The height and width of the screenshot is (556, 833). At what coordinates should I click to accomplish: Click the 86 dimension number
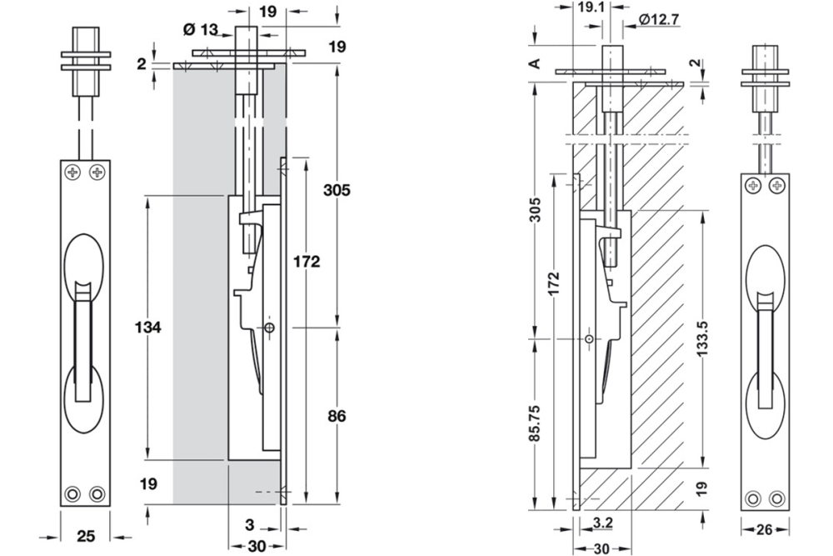pyautogui.click(x=337, y=415)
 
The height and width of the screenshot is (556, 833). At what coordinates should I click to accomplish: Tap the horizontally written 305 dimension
pyautogui.click(x=337, y=190)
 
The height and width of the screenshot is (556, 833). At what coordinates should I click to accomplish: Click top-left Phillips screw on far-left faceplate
pyautogui.click(x=74, y=173)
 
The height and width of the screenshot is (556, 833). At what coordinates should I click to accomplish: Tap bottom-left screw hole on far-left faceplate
pyautogui.click(x=74, y=493)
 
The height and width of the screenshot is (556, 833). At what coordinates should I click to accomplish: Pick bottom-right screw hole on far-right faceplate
pyautogui.click(x=776, y=498)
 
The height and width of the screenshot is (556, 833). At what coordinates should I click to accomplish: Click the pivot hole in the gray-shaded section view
pyautogui.click(x=268, y=328)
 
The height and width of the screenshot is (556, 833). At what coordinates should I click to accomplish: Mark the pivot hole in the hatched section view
pyautogui.click(x=589, y=339)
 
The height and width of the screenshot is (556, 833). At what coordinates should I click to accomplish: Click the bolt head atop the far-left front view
pyautogui.click(x=85, y=40)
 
